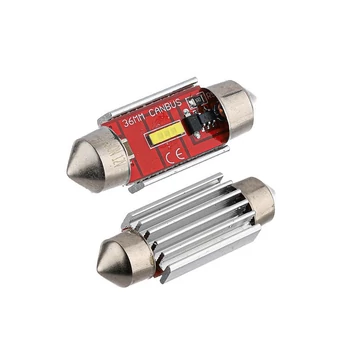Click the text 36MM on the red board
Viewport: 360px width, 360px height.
[134, 122]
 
